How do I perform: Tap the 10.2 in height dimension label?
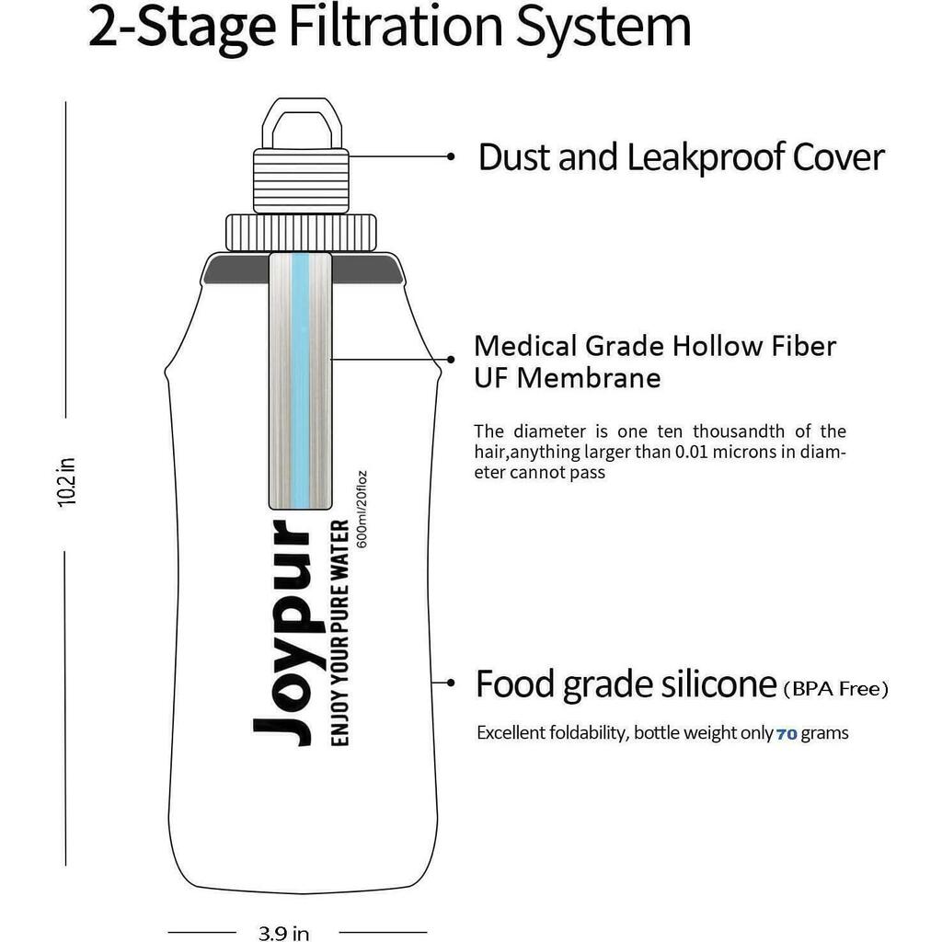[x=66, y=482]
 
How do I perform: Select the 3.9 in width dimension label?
[x=283, y=933]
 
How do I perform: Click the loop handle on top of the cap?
[x=302, y=123]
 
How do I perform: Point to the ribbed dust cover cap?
[x=301, y=181]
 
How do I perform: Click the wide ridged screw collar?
[x=301, y=233]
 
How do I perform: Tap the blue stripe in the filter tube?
[x=300, y=380]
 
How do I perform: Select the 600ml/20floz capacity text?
[x=362, y=510]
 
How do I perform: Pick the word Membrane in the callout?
[x=589, y=378]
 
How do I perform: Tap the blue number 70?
[x=787, y=734]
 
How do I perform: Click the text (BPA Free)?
[x=835, y=688]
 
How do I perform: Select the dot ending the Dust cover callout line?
[x=451, y=156]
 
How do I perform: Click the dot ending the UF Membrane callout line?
[x=451, y=360]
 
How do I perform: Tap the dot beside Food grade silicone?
[x=452, y=683]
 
